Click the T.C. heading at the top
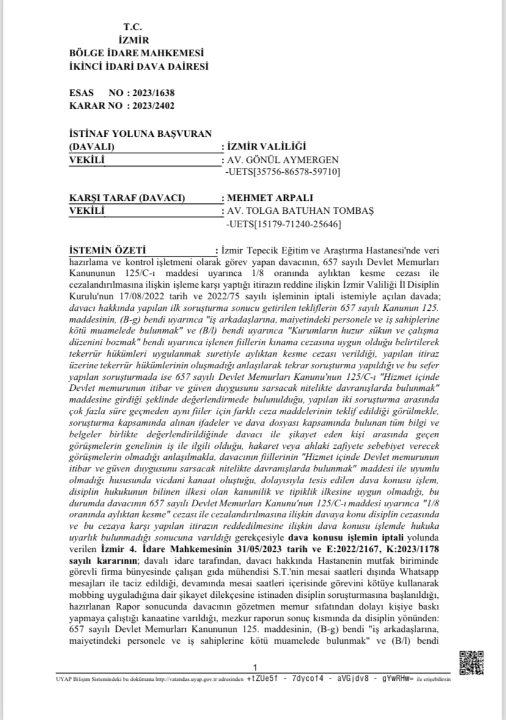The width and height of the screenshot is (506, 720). (132, 27)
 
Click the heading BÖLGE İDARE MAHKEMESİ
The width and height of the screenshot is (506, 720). (137, 53)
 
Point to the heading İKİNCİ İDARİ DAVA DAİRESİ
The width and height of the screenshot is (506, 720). (139, 65)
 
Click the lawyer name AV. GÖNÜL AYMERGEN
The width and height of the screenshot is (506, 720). (282, 160)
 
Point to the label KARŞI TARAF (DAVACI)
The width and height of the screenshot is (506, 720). (128, 198)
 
